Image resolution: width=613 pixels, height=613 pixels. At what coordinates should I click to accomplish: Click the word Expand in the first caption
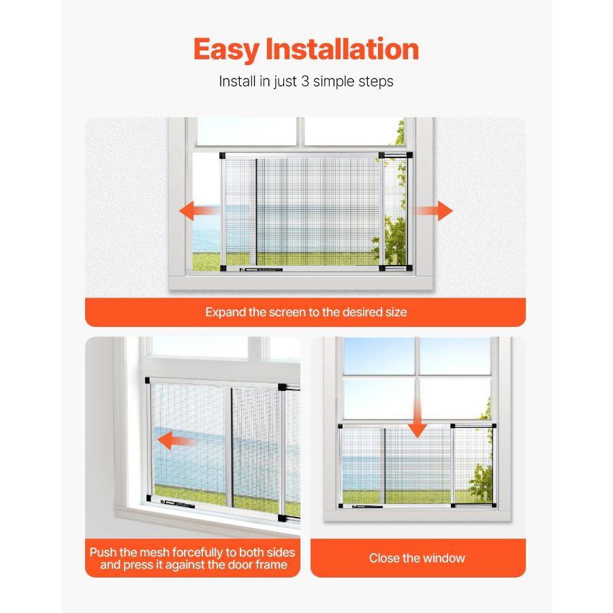coord(225,313)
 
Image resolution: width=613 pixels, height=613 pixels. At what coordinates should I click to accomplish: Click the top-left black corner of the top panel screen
coord(223,157)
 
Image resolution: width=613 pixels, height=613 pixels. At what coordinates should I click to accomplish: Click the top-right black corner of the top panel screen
coord(409,156)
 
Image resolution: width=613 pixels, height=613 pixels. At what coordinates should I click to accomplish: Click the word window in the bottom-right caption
coord(443,558)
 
